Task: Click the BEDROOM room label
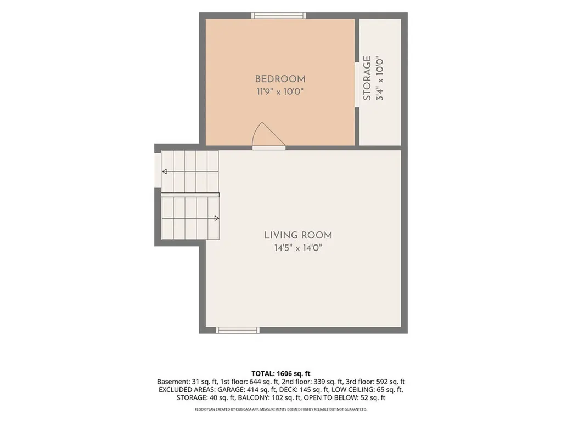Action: [280, 79]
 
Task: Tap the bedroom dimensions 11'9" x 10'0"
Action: [280, 92]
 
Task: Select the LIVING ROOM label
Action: [298, 235]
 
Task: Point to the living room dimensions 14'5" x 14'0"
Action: [298, 248]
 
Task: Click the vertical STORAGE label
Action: [367, 78]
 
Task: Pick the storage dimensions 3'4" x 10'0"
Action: [380, 78]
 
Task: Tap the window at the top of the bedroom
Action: [278, 15]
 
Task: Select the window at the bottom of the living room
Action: [238, 330]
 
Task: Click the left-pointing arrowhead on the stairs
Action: [165, 172]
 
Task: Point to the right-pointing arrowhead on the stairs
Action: [216, 218]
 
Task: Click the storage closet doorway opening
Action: [357, 85]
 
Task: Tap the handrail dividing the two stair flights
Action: [190, 195]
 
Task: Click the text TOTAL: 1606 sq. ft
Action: [280, 374]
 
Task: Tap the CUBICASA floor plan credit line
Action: [280, 409]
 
